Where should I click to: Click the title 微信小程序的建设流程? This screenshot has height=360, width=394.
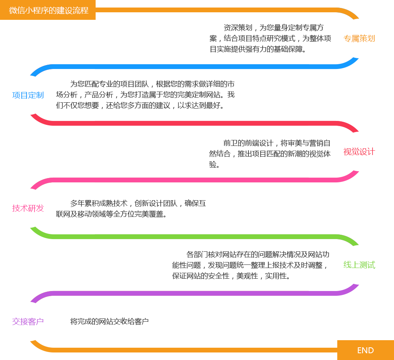(x=48, y=10)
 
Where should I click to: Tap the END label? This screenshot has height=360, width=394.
(x=365, y=350)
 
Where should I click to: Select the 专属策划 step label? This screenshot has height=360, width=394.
(x=359, y=38)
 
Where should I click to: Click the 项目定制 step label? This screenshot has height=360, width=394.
(x=28, y=95)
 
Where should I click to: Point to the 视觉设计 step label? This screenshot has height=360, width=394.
(x=359, y=152)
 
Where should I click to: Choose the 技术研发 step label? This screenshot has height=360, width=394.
(x=28, y=208)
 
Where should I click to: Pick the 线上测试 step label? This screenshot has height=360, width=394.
(x=359, y=265)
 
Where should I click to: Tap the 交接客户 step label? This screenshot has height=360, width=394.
(x=28, y=322)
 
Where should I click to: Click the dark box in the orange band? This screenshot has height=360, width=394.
(x=269, y=38)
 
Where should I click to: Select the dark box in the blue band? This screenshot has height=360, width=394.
(x=146, y=94)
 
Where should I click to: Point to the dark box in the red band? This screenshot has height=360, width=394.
(x=269, y=153)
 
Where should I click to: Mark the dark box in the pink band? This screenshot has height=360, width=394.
(x=130, y=209)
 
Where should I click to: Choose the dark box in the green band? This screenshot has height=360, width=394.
(x=250, y=265)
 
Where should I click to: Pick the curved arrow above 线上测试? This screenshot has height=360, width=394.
(x=348, y=239)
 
